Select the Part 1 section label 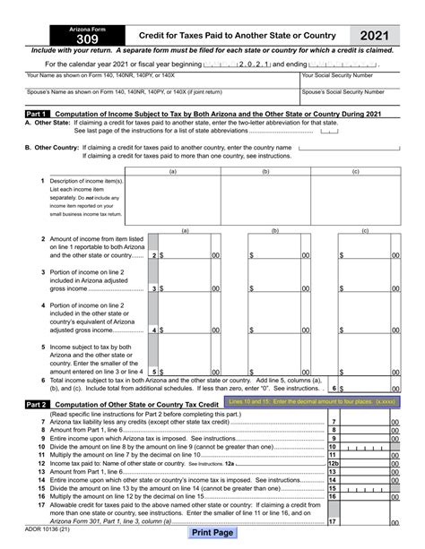pos(37,116)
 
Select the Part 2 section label pos(37,406)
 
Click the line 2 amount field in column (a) pos(185,255)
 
